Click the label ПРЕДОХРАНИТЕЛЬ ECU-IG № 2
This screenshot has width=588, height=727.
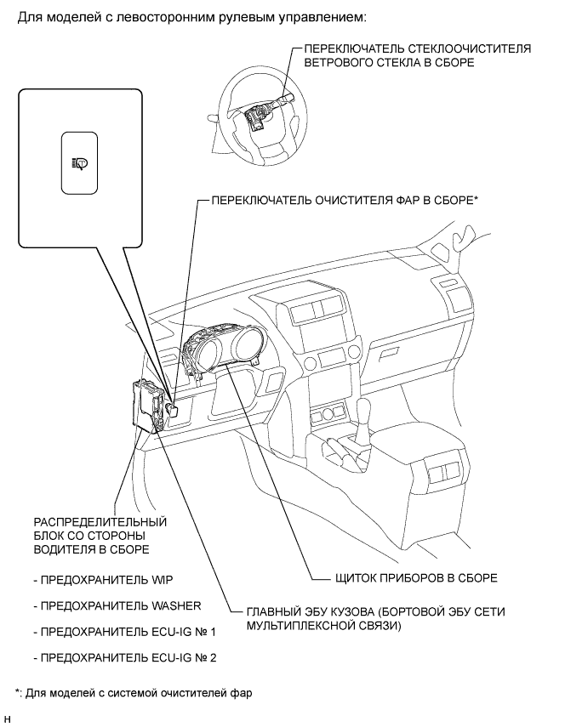pyautogui.click(x=122, y=657)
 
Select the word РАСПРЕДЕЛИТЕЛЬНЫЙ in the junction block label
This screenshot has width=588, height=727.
pyautogui.click(x=100, y=521)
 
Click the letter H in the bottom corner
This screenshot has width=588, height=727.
pyautogui.click(x=8, y=721)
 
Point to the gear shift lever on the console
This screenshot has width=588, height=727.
pyautogui.click(x=363, y=422)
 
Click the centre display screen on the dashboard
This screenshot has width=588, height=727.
pyautogui.click(x=315, y=309)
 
